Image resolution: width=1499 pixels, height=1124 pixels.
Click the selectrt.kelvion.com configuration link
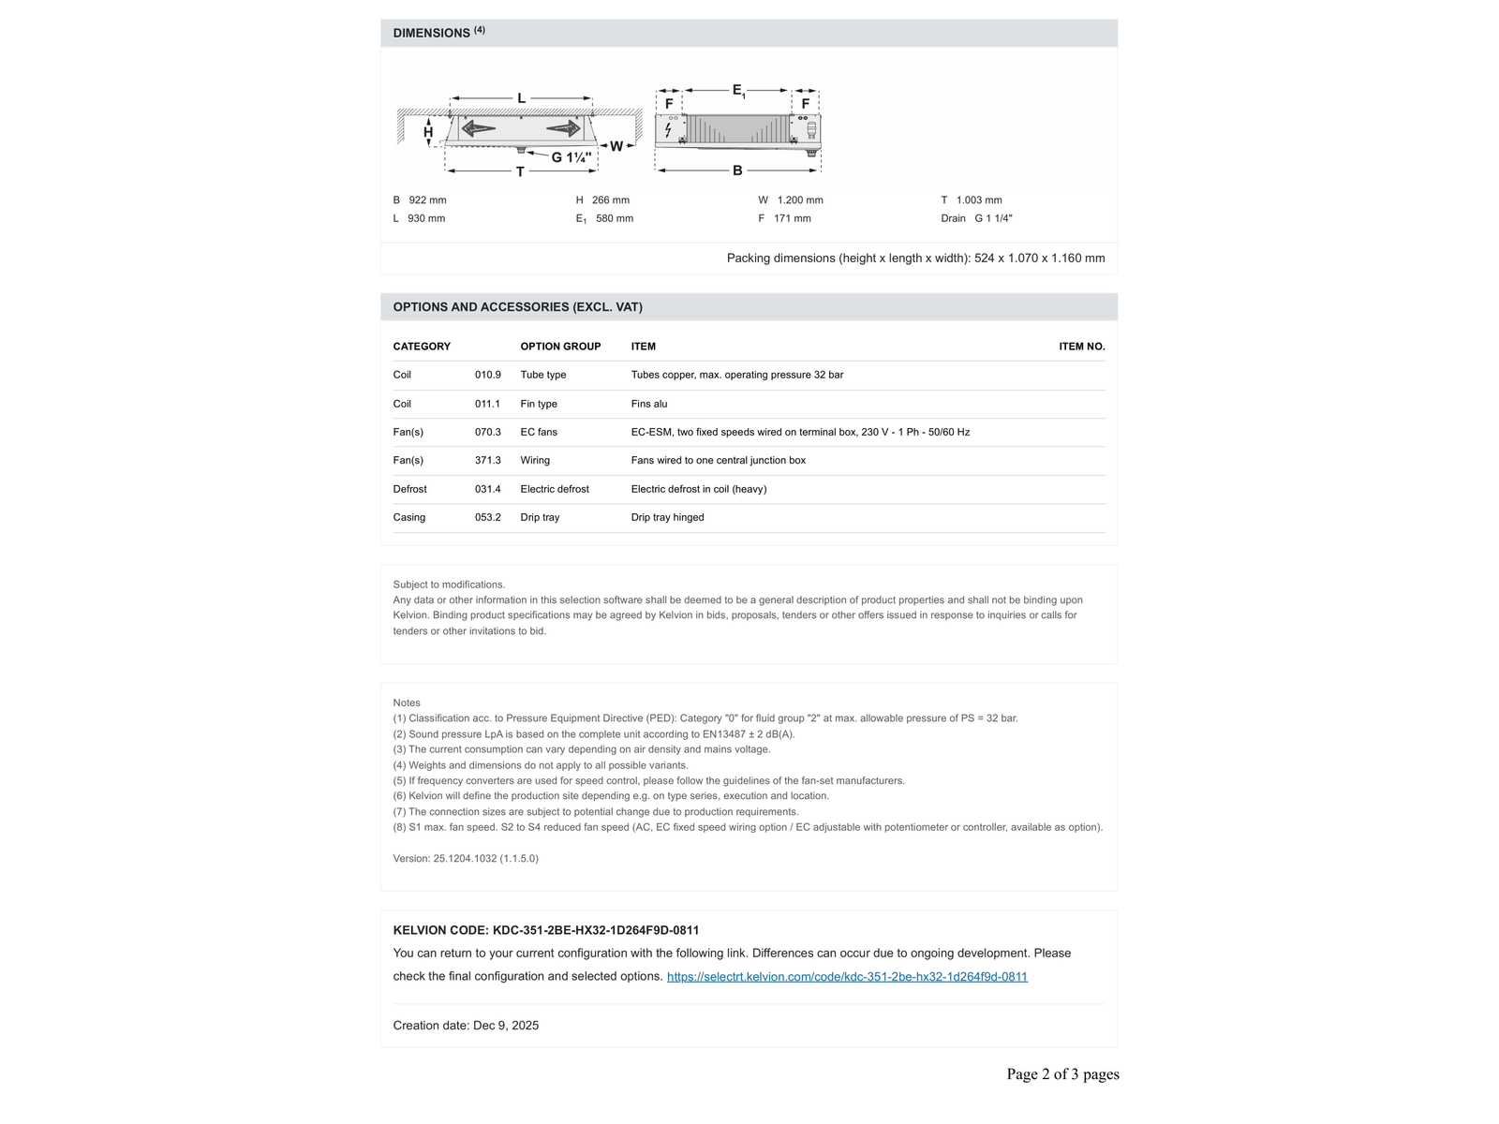click(x=847, y=976)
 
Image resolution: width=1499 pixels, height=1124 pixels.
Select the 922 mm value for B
click(x=427, y=200)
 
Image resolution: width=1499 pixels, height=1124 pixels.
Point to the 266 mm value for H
click(x=610, y=200)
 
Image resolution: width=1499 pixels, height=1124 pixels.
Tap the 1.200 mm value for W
click(x=800, y=200)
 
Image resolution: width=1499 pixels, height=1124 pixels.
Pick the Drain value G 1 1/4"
click(x=993, y=218)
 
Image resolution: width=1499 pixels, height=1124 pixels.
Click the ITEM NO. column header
click(x=1081, y=347)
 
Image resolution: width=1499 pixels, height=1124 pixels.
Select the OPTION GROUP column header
click(x=560, y=347)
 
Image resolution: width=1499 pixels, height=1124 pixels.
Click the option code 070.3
click(x=487, y=432)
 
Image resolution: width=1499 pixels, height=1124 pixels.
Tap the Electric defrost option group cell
click(x=555, y=489)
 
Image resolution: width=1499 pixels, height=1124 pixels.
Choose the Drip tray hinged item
click(x=667, y=517)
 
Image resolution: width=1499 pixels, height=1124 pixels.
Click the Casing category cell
click(x=409, y=517)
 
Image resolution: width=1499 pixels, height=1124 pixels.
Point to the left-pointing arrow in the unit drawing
click(x=479, y=128)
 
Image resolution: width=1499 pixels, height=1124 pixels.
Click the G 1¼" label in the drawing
click(x=571, y=157)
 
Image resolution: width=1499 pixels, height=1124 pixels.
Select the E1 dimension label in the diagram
click(x=738, y=91)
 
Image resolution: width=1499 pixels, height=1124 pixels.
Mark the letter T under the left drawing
click(x=521, y=171)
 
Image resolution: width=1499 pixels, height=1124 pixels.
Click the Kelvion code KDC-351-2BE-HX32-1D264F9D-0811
click(x=596, y=930)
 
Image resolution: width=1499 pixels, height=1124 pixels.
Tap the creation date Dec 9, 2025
click(x=506, y=1025)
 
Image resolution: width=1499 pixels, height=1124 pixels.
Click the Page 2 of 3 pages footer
click(x=1062, y=1073)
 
